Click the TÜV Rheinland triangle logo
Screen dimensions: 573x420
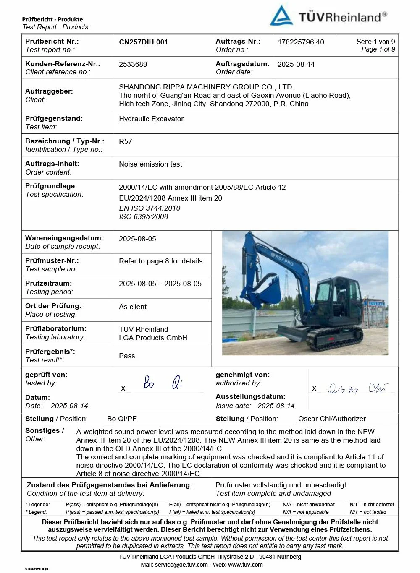[x=281, y=16]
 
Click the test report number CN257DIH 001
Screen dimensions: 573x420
[x=143, y=42]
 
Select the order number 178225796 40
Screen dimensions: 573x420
[x=301, y=42]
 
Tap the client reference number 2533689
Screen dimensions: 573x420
[x=133, y=64]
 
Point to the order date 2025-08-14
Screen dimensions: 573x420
[x=296, y=64]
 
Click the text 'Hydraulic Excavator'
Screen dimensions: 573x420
[x=151, y=119]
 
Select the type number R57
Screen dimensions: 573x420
[x=126, y=141]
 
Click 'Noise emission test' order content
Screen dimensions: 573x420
[x=150, y=164]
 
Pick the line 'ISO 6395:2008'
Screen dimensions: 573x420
[x=143, y=216]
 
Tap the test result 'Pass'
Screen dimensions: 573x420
[x=127, y=356]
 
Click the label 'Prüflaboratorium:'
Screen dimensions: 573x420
[x=55, y=328]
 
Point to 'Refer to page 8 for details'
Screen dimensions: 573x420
[x=160, y=261]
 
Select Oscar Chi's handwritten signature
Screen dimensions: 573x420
[x=357, y=388]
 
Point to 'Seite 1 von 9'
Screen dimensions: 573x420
[x=375, y=42]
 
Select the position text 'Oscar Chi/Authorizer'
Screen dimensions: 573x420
[x=332, y=419]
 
